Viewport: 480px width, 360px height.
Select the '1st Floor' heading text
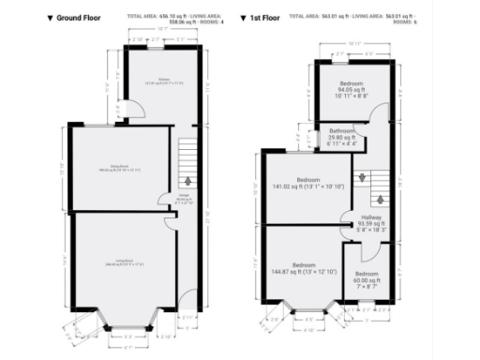click(x=266, y=18)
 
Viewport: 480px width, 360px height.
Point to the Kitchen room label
click(x=163, y=82)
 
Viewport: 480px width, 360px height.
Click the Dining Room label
click(x=120, y=168)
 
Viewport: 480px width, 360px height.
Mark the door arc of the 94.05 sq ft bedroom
click(x=378, y=113)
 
